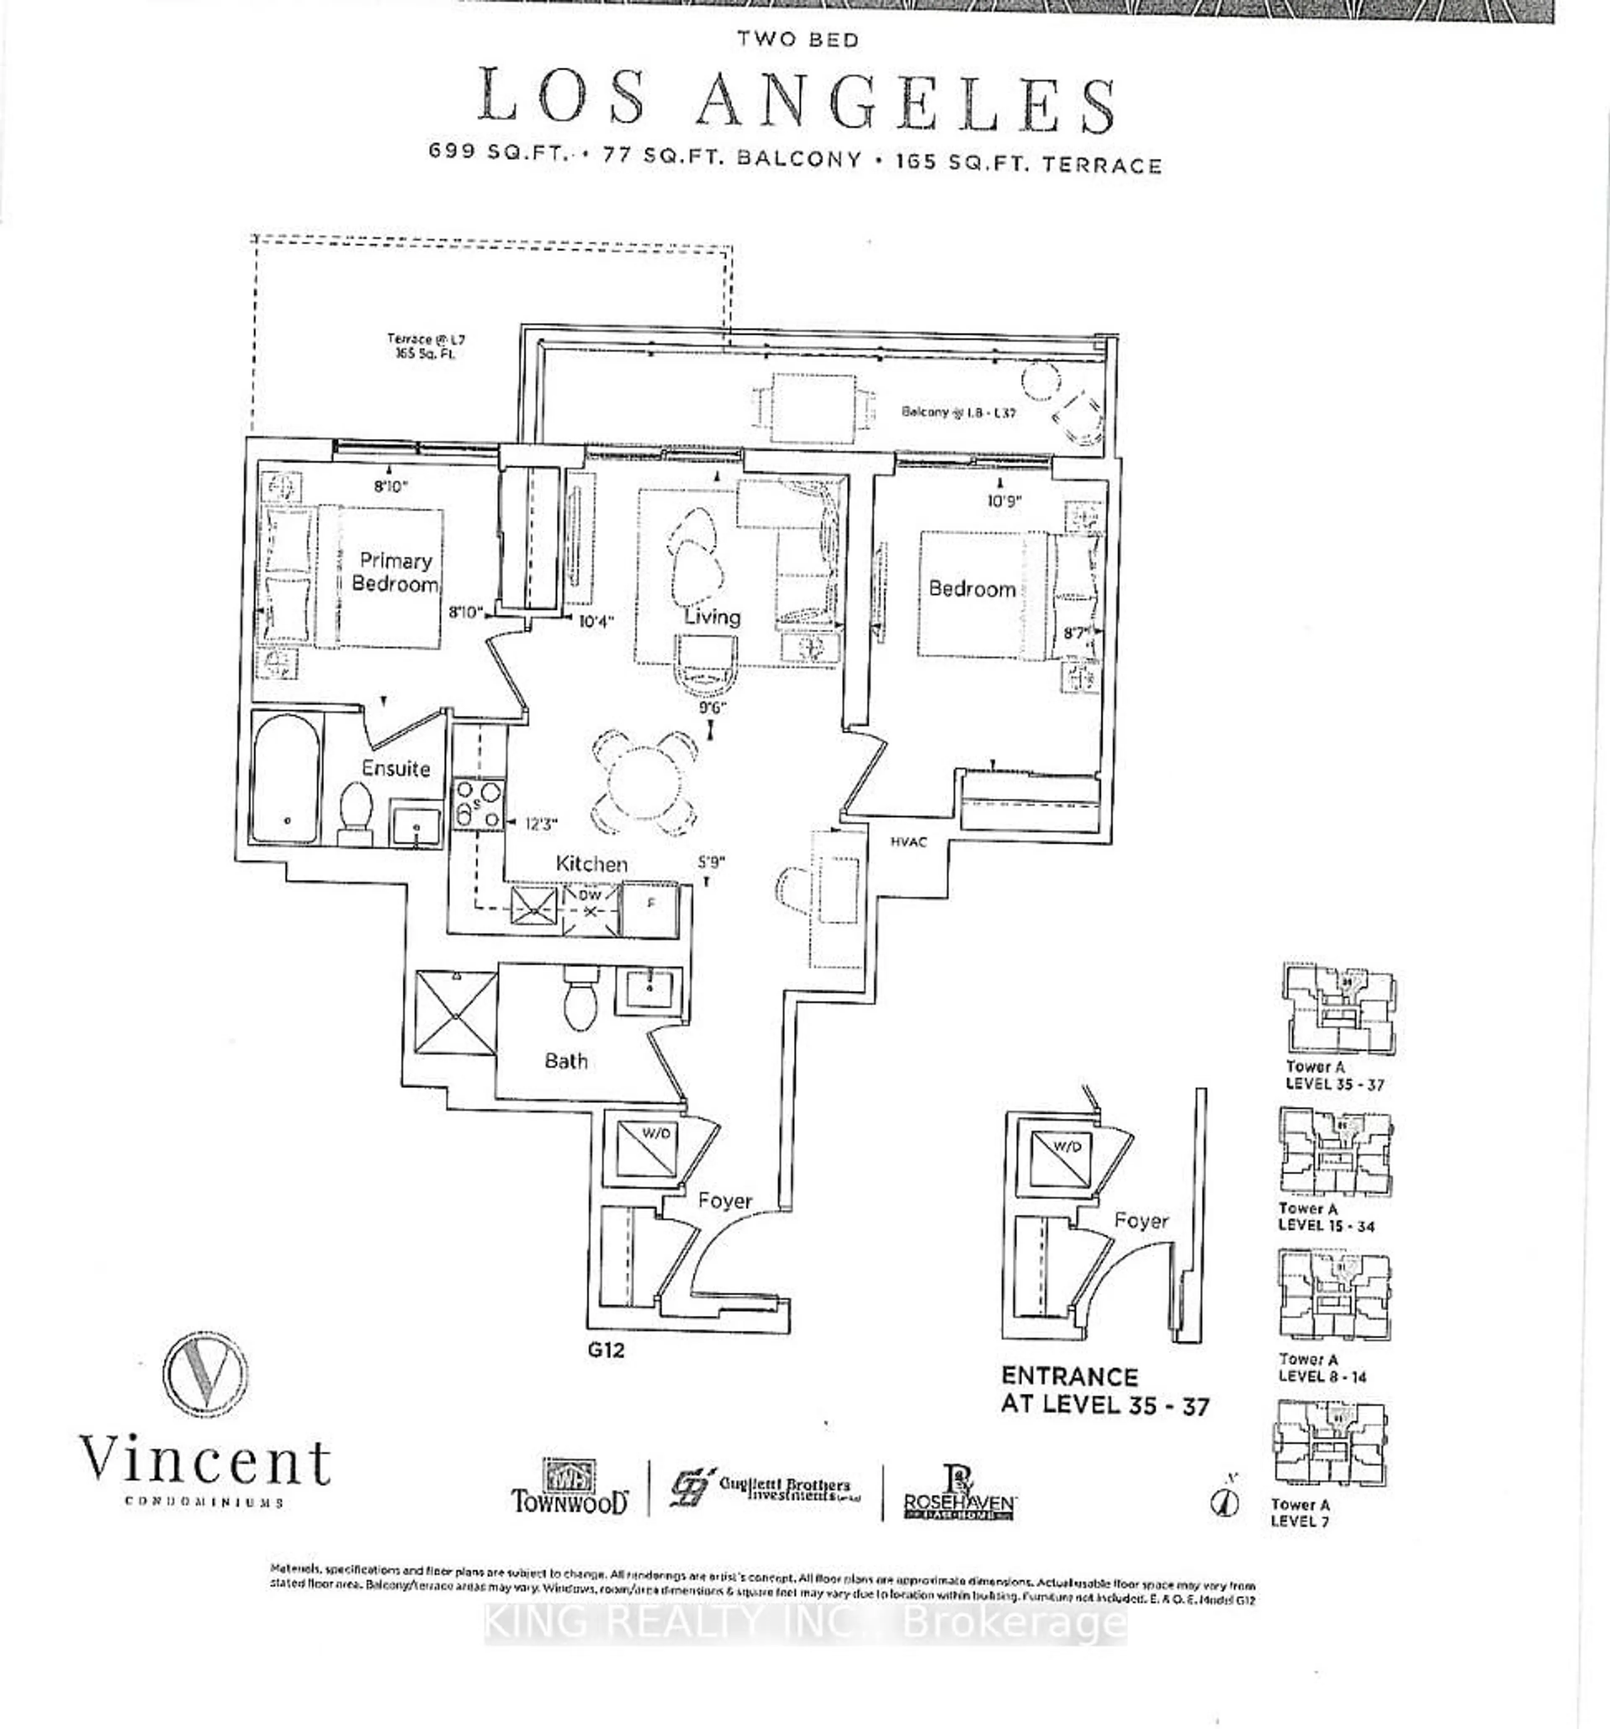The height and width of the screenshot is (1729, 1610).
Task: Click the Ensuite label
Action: [x=396, y=769]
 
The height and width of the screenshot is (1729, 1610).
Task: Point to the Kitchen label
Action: [x=592, y=863]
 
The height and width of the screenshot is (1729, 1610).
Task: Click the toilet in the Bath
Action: [x=578, y=1000]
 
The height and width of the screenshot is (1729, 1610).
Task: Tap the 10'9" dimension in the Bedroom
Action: [x=1004, y=501]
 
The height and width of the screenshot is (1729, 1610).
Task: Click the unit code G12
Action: [x=605, y=1351]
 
